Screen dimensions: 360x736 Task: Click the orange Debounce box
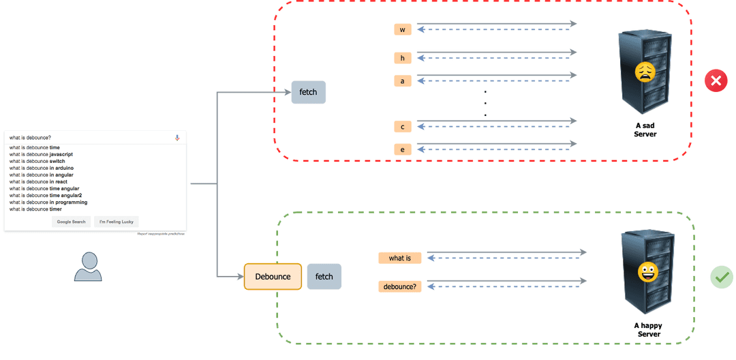point(273,277)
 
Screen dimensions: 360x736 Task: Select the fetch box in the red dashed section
point(308,92)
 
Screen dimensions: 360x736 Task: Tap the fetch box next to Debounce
point(324,277)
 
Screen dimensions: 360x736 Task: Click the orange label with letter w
point(403,30)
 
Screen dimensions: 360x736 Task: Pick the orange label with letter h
point(403,58)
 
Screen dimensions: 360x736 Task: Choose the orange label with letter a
point(403,81)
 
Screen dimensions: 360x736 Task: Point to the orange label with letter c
point(403,127)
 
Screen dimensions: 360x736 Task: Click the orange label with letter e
point(403,149)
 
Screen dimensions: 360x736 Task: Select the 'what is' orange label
point(400,258)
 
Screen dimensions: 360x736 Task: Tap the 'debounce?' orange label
point(400,287)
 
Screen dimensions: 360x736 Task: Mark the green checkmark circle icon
point(721,277)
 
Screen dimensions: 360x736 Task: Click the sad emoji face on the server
point(645,72)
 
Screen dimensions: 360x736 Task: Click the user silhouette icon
point(88,267)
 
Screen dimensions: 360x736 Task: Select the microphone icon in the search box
point(177,138)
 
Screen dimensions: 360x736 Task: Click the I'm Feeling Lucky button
point(117,222)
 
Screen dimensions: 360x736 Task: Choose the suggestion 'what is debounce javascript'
point(41,154)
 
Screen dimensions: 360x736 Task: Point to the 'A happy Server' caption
point(648,330)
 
